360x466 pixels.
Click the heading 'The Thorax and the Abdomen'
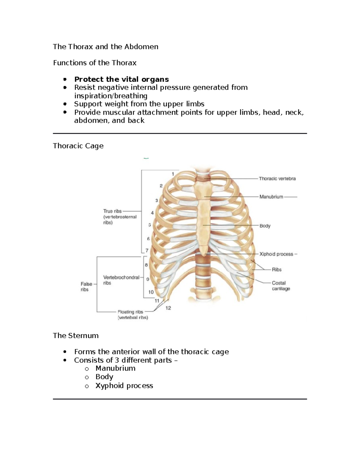coord(105,47)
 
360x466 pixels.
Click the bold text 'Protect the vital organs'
coord(121,79)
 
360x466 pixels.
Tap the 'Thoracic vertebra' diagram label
coord(277,179)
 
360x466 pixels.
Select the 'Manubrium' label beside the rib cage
coord(271,197)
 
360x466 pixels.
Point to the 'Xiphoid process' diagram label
coord(276,254)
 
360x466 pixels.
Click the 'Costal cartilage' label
coord(281,286)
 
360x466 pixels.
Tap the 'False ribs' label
coord(86,287)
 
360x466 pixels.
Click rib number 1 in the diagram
coord(173,174)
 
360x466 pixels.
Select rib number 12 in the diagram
coord(168,308)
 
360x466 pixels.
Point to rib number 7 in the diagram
coord(147,250)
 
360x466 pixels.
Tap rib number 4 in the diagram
coord(152,213)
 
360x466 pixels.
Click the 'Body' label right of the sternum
coord(265,226)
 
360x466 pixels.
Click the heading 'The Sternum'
coord(76,335)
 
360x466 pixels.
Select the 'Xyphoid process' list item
coord(124,386)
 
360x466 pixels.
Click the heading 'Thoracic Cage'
coord(78,146)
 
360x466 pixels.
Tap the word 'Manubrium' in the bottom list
coord(115,368)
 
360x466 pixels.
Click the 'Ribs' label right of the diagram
coord(277,269)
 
